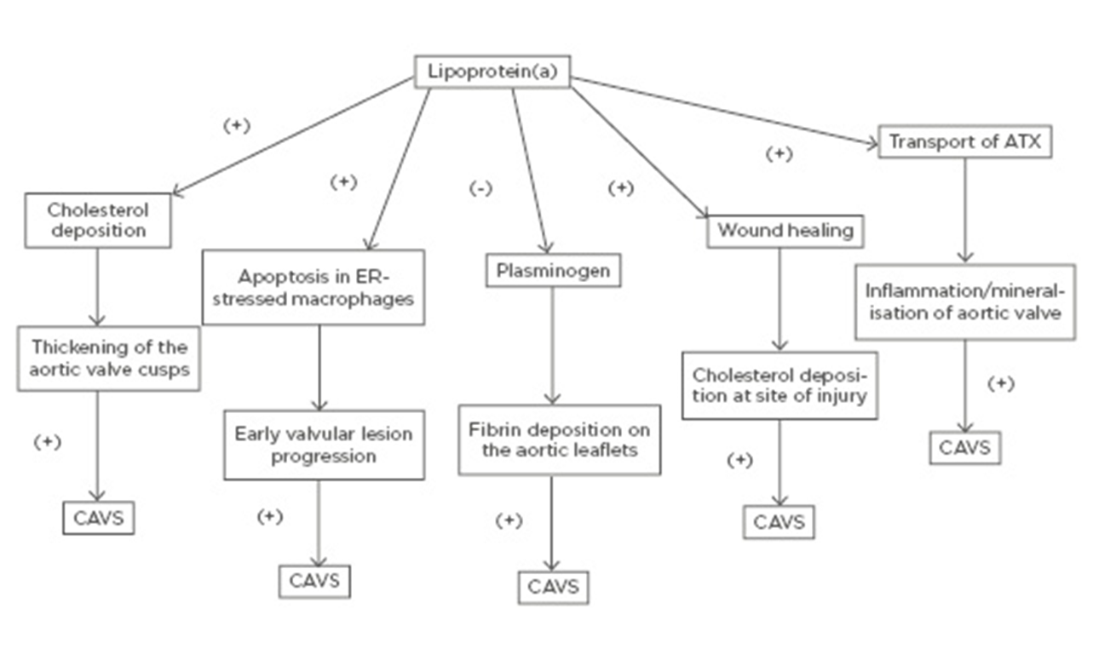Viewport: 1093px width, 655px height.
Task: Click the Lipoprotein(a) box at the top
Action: [x=492, y=72]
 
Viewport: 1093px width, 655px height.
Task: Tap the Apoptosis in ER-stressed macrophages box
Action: [x=313, y=287]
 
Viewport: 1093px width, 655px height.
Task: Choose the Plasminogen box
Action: [x=553, y=270]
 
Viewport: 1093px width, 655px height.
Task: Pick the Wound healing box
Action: [x=785, y=230]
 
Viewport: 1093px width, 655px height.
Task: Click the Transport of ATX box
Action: [x=964, y=142]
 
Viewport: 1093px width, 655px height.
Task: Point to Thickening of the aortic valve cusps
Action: [x=109, y=359]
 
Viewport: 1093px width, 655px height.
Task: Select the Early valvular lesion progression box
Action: [x=323, y=445]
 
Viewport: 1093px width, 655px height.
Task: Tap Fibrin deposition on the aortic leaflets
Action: [x=559, y=440]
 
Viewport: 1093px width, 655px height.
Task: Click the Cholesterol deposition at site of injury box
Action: [x=779, y=385]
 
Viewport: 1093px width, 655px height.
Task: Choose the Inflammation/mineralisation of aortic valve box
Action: [x=964, y=302]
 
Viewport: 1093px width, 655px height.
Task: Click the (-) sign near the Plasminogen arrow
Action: [x=480, y=188]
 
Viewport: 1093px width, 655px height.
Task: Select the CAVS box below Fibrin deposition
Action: [x=553, y=587]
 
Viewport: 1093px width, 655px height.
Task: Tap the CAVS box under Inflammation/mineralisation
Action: [x=964, y=447]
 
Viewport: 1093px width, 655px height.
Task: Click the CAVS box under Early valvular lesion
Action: [x=314, y=581]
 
